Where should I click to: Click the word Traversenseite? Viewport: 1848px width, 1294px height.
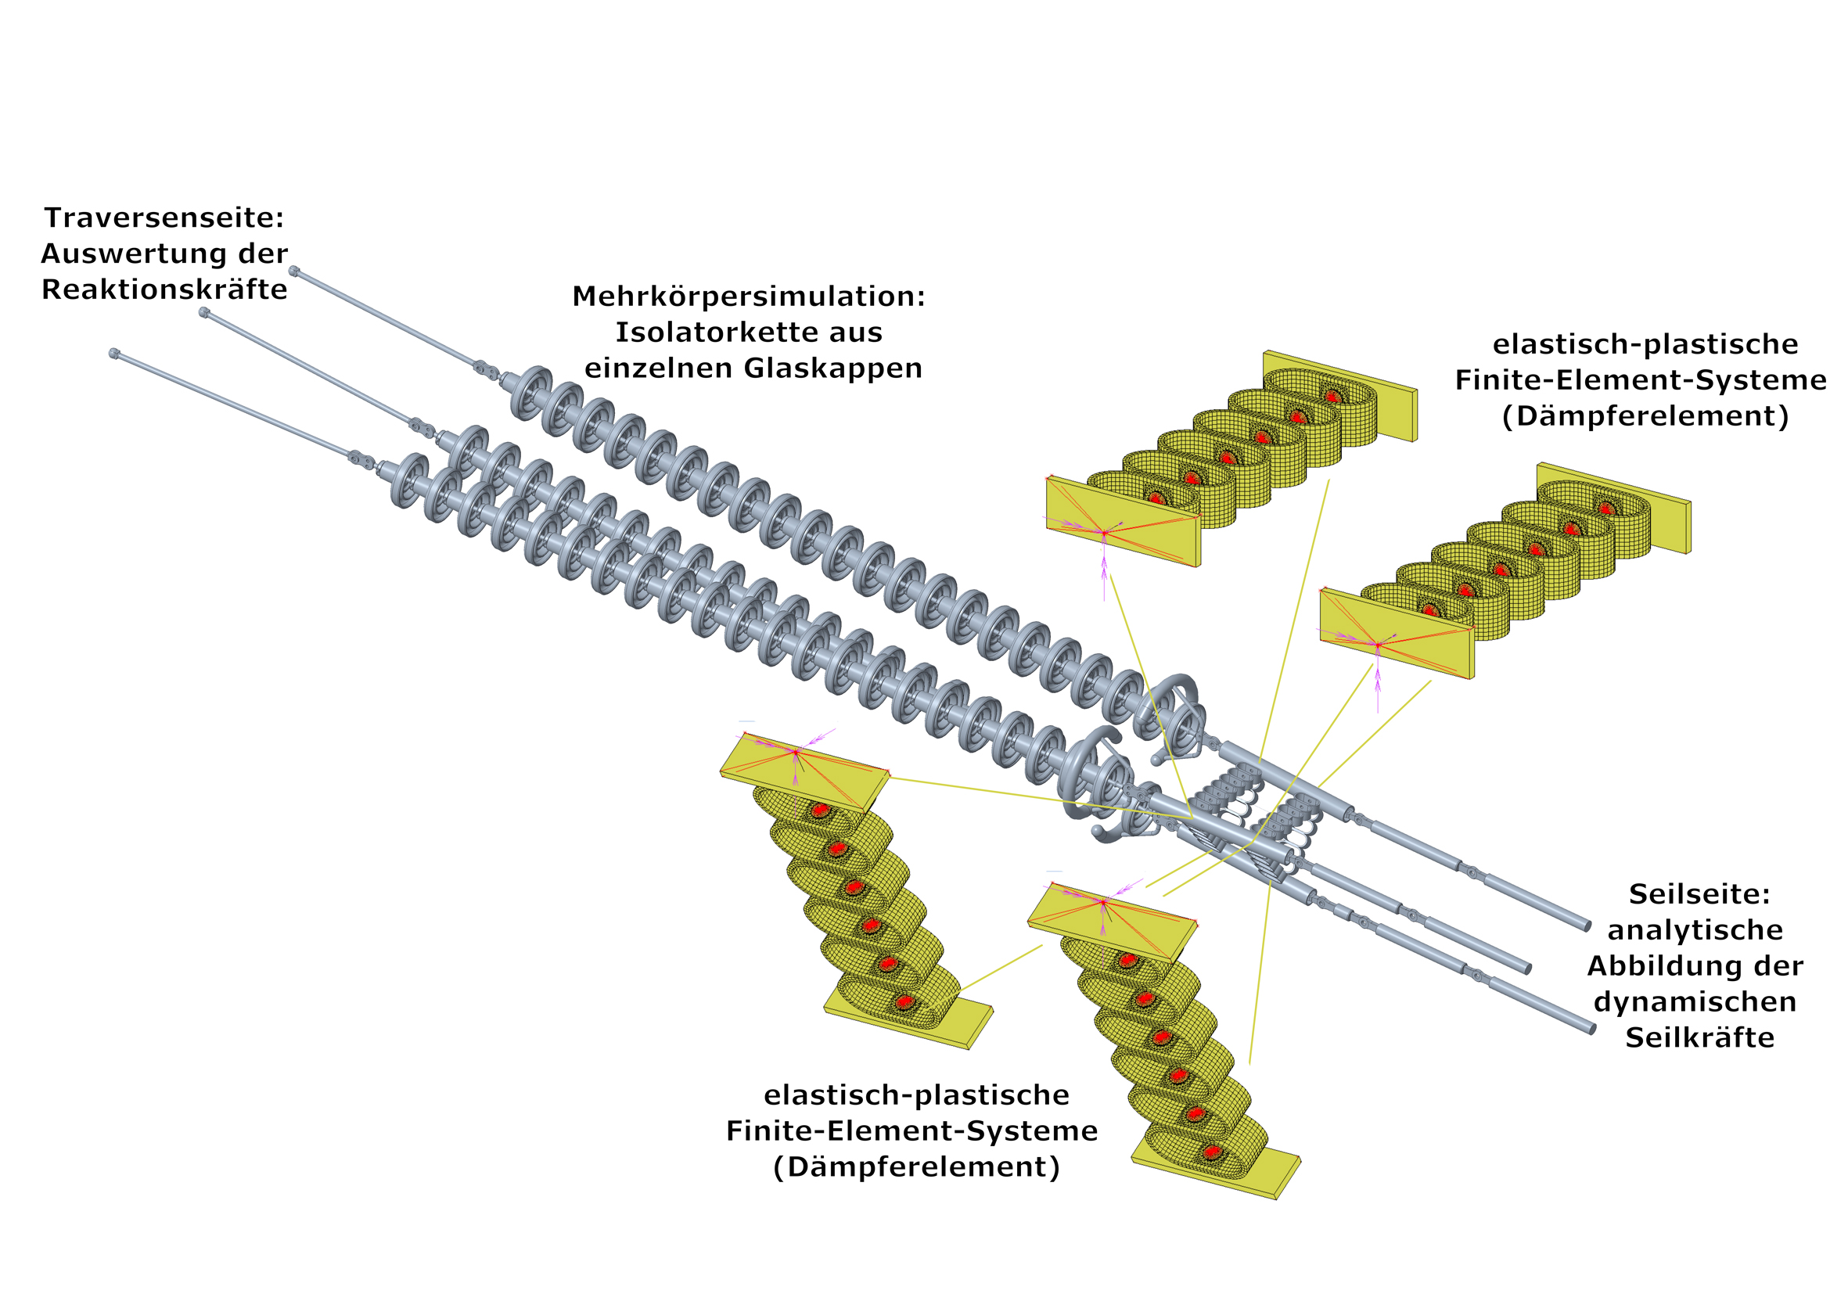(158, 217)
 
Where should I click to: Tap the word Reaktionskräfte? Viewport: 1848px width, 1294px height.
(164, 289)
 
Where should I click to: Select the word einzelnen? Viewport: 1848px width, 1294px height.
(659, 368)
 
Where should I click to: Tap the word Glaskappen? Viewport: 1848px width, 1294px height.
(832, 368)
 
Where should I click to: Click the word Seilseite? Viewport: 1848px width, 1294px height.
(1699, 893)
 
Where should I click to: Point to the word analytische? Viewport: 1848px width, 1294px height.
(1695, 929)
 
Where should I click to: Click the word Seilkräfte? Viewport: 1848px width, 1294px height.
(1699, 1037)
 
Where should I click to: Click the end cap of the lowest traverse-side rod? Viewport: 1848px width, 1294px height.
(114, 354)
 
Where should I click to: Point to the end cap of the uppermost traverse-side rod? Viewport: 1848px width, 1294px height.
(293, 271)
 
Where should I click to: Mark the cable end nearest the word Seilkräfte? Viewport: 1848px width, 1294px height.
(1591, 1029)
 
